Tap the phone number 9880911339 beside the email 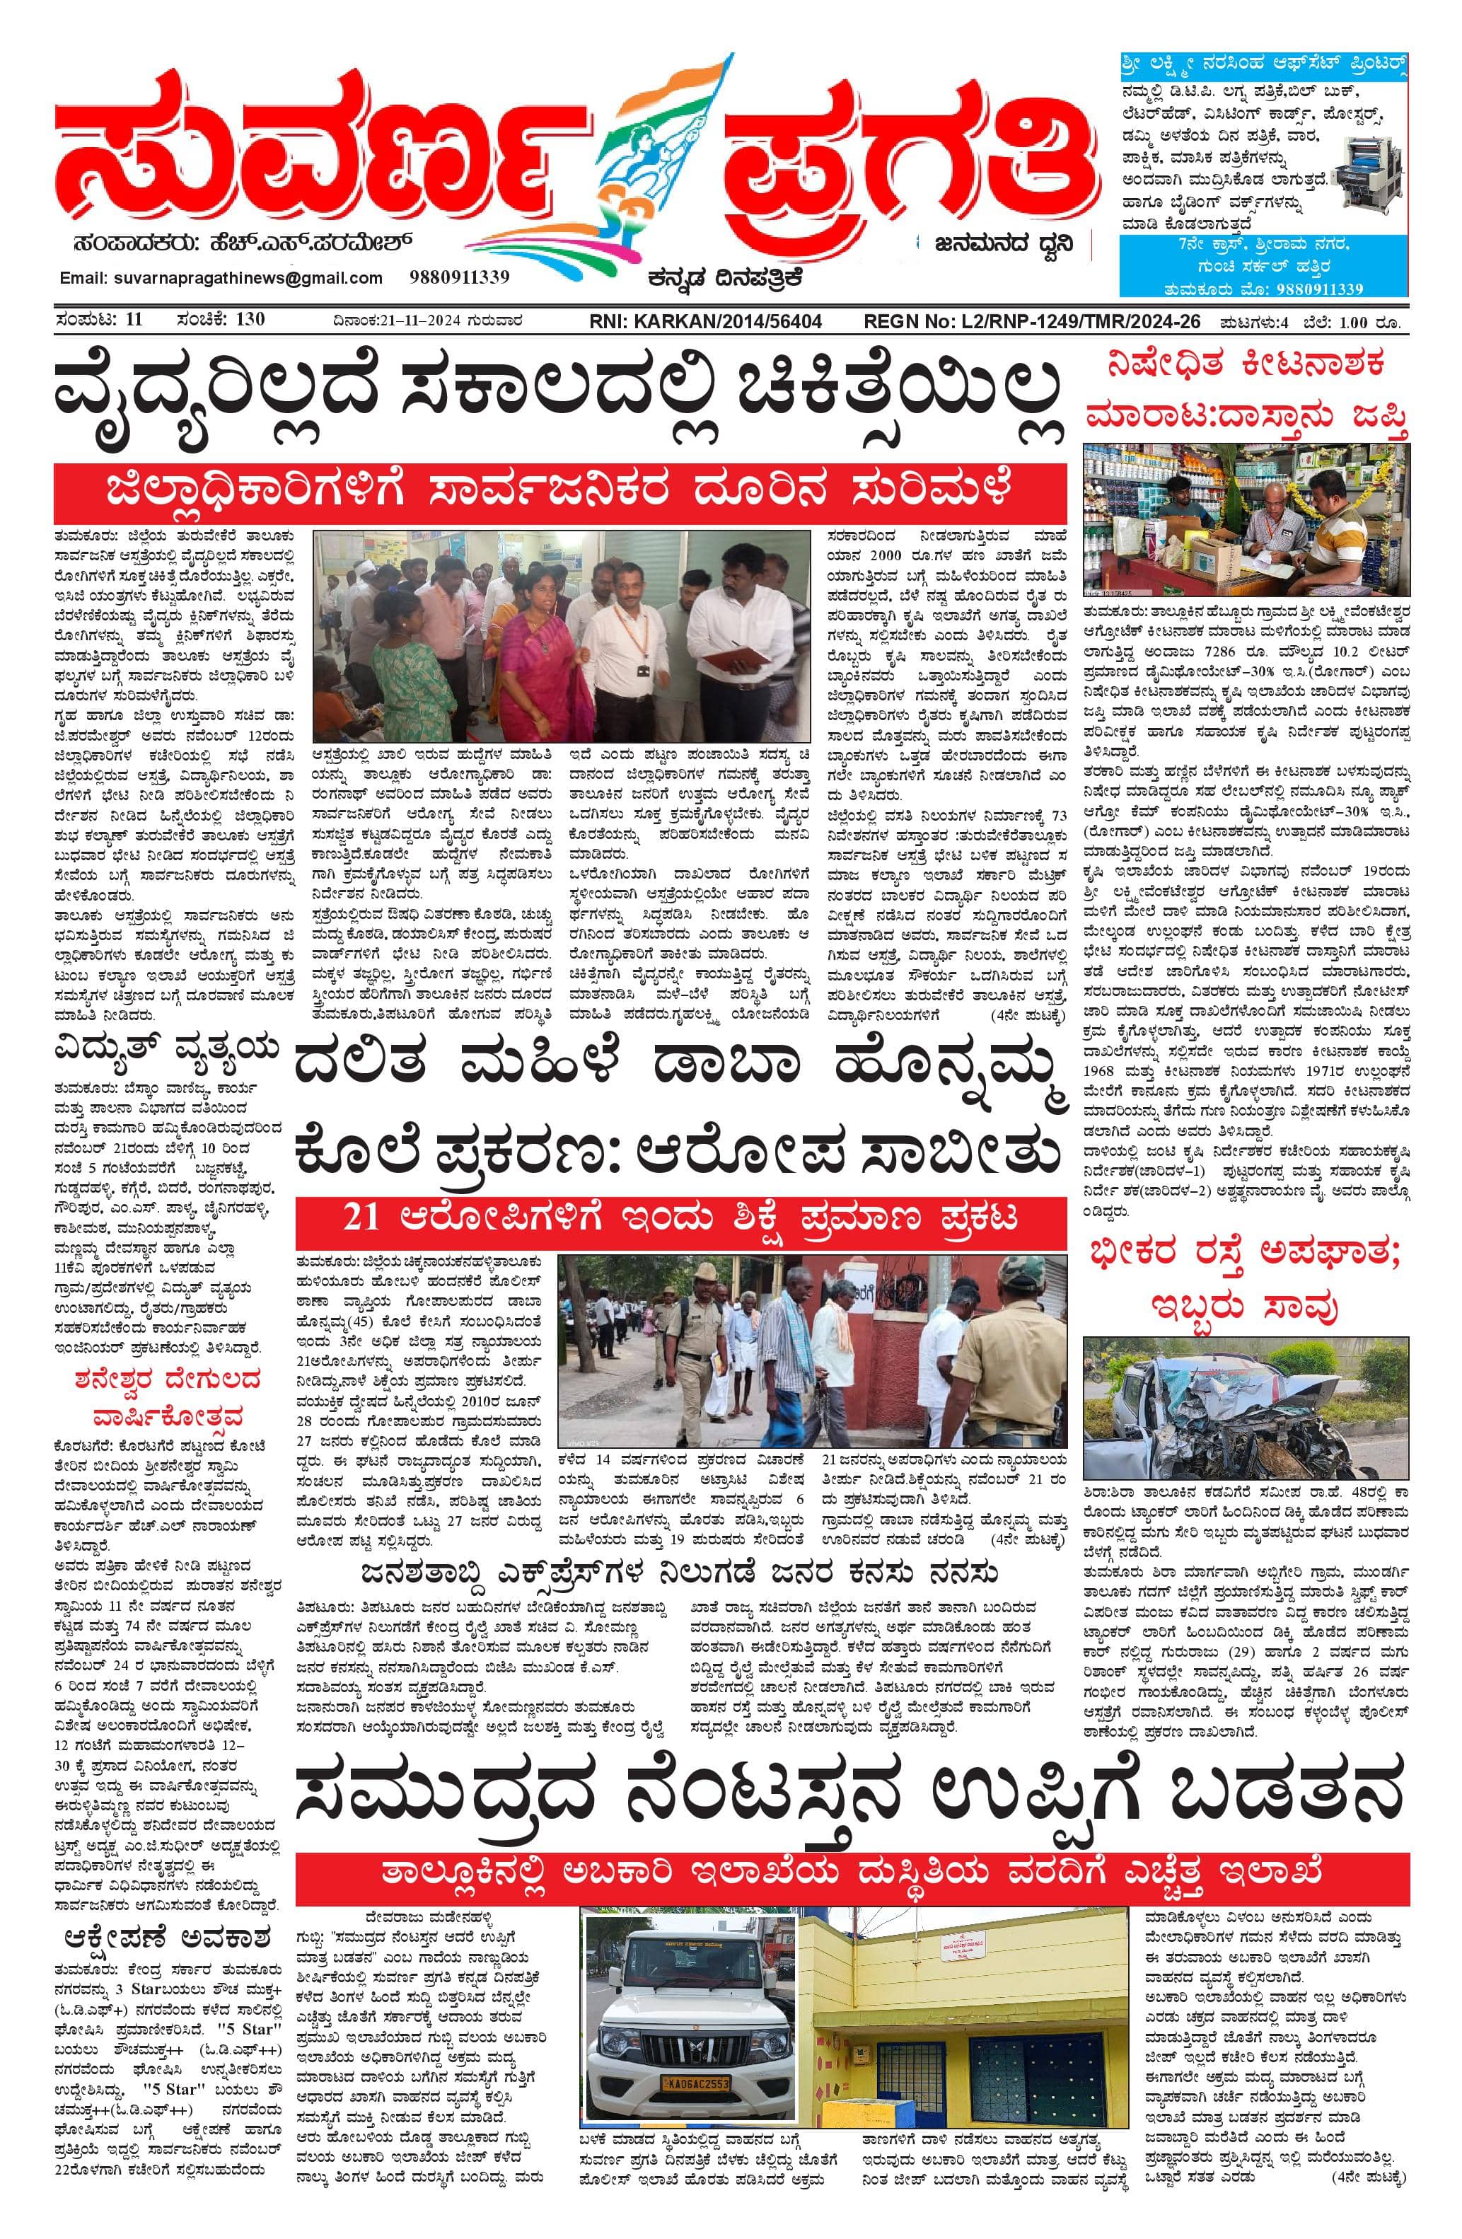[458, 277]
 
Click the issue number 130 [250, 319]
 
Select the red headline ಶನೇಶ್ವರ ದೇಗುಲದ [168, 1381]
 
